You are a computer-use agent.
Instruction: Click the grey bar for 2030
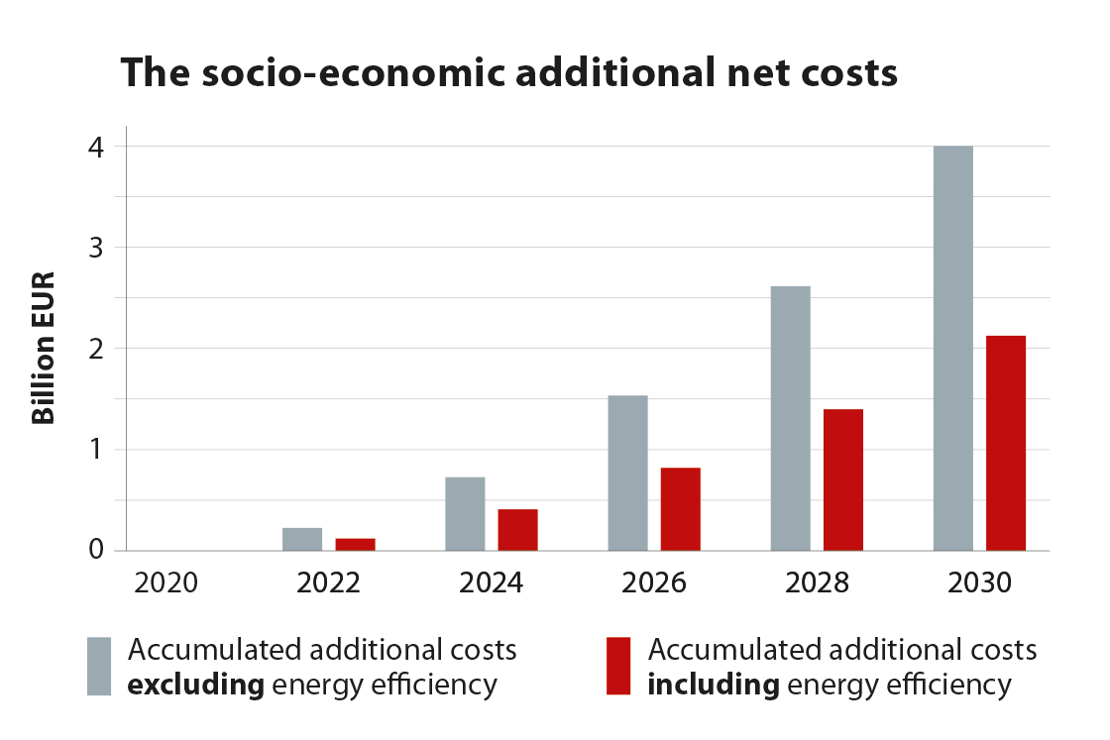(x=952, y=348)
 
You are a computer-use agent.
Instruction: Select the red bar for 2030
(x=1006, y=443)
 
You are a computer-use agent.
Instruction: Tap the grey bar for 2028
(x=790, y=418)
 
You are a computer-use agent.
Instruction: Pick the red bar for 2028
(x=843, y=479)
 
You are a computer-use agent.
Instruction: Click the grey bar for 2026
(x=627, y=473)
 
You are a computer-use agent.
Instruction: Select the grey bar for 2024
(x=465, y=513)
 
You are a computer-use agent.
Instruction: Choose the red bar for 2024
(x=518, y=529)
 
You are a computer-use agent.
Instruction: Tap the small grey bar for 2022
(x=302, y=539)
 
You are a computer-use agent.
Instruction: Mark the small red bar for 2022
(x=356, y=544)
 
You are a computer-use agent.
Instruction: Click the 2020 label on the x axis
(x=166, y=582)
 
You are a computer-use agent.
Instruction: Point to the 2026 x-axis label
(x=654, y=582)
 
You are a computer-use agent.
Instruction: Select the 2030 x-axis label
(x=979, y=582)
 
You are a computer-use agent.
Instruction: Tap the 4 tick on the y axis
(x=95, y=147)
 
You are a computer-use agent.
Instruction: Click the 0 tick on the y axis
(x=95, y=550)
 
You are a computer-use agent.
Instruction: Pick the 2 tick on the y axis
(x=95, y=349)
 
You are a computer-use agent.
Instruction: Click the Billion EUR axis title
(x=44, y=347)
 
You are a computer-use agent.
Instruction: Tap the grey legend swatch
(x=99, y=666)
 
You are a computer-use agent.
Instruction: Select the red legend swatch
(x=617, y=666)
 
